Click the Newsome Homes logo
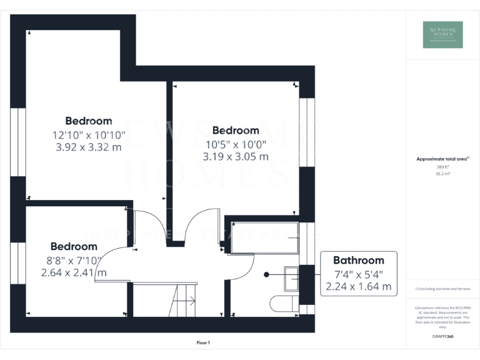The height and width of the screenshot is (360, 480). [443, 35]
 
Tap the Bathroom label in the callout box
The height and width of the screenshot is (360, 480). [358, 260]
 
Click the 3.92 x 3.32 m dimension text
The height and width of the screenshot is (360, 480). [88, 147]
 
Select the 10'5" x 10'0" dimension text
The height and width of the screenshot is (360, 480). [236, 144]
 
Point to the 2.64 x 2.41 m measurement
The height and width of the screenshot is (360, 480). [74, 272]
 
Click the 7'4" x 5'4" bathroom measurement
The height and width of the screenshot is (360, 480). [358, 274]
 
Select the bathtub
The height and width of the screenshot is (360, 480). [261, 237]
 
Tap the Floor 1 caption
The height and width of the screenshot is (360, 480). [202, 342]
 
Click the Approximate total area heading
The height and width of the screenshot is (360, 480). [442, 159]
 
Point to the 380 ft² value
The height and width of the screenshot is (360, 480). [442, 167]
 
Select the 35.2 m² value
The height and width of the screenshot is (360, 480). [442, 174]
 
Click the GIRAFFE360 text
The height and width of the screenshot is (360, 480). [442, 336]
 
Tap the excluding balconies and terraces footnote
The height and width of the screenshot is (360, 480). [442, 289]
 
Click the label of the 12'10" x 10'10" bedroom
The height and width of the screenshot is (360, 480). [89, 121]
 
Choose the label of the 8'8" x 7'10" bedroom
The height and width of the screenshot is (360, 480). [74, 246]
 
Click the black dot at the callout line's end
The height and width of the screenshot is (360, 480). [266, 274]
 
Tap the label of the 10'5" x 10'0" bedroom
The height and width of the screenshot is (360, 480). [236, 131]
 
